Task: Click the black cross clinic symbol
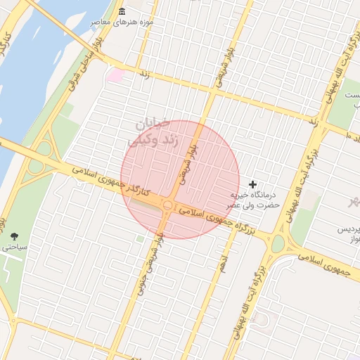coord(253,184)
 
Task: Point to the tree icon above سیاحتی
coord(15,235)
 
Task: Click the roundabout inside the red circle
coord(168,205)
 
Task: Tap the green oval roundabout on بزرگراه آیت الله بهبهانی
coord(278,243)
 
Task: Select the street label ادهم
coord(224,263)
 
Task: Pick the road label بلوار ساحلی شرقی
coord(78,79)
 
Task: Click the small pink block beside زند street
coord(115,75)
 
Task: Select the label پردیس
coord(345,230)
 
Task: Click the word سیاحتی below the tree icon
coord(13,247)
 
